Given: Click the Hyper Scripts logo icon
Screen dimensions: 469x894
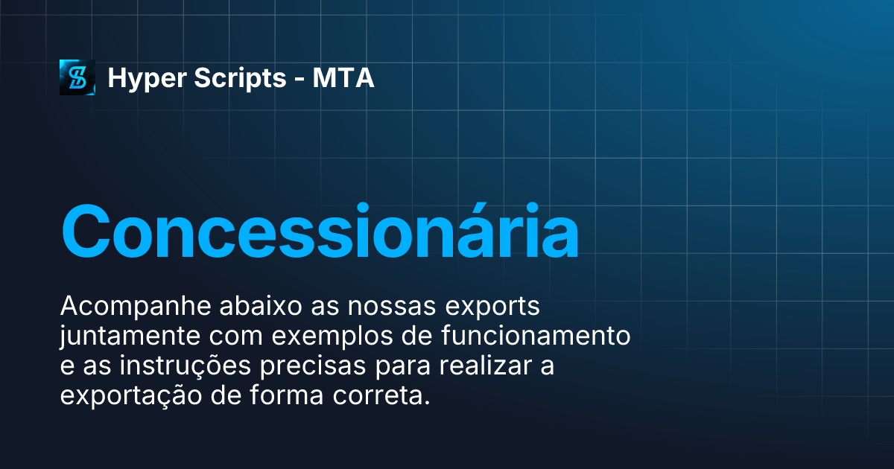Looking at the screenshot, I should [77, 77].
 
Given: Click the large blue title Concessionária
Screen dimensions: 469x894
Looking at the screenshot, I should [319, 232].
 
